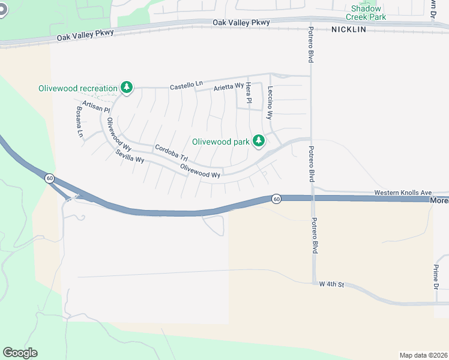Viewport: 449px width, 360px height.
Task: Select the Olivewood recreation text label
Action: point(78,88)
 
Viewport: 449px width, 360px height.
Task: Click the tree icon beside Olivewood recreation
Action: point(127,88)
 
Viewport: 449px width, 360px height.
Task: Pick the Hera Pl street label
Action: point(248,93)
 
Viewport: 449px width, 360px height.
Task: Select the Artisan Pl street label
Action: point(97,107)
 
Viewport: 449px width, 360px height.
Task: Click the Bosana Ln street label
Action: point(79,122)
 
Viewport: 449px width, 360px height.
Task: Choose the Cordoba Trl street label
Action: point(172,152)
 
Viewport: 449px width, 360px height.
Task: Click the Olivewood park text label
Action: point(220,142)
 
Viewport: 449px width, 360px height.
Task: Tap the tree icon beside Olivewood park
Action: point(259,142)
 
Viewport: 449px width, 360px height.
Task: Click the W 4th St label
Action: point(331,284)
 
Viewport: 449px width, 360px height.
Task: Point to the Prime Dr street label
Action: point(436,277)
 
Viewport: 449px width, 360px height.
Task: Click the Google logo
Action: point(20,353)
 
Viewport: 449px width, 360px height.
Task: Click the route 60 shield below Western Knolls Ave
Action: point(276,198)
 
